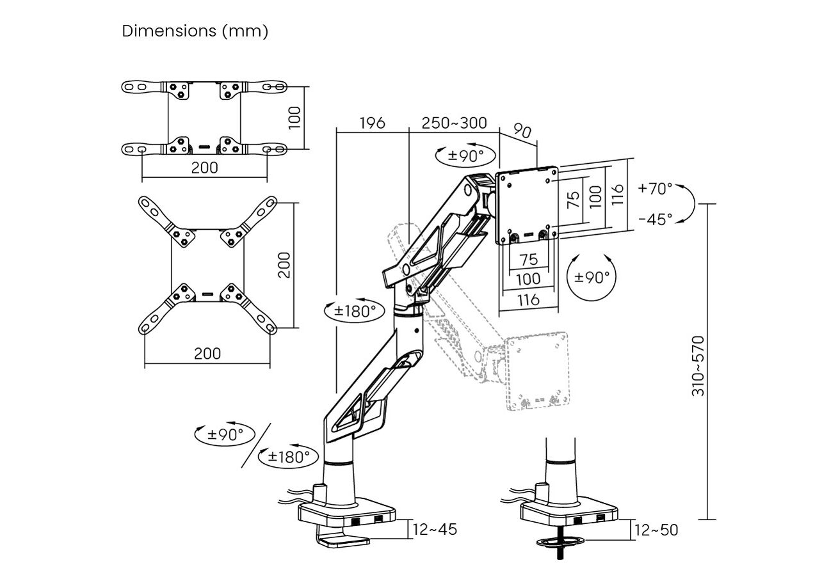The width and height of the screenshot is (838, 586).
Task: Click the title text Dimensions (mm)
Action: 195,31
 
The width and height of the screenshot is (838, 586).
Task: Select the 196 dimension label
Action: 372,123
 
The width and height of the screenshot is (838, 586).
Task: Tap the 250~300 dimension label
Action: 454,123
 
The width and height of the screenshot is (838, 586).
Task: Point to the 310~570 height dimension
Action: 698,366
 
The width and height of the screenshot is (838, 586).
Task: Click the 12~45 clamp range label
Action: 435,530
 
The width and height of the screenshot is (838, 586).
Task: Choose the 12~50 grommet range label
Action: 656,530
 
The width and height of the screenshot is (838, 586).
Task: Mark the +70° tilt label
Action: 655,189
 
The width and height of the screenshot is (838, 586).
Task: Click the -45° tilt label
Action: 656,219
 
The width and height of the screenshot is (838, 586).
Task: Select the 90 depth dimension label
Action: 522,131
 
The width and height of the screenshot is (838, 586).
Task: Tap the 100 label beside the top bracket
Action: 295,118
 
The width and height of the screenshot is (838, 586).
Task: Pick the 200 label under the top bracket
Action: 204,168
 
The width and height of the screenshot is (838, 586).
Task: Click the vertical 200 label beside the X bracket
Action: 284,265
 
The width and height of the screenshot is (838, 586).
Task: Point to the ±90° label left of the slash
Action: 225,434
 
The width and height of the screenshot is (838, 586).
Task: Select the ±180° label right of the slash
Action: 289,457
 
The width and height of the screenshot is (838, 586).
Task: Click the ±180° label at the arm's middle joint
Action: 355,311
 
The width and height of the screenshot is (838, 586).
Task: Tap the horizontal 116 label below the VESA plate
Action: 528,300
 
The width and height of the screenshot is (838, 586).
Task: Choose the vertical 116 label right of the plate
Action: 618,194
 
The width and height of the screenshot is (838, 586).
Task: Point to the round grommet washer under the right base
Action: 560,541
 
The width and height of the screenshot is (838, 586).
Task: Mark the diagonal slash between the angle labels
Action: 256,445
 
